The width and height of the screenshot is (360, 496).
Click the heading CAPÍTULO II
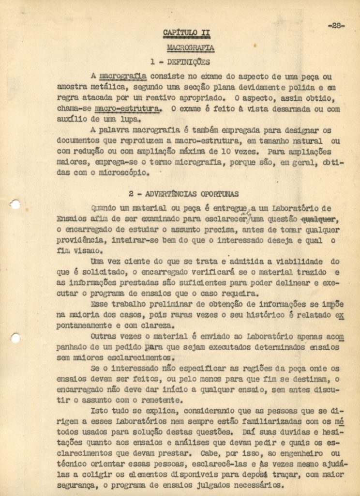pyautogui.click(x=186, y=33)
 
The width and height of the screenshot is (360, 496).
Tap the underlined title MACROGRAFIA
pyautogui.click(x=190, y=48)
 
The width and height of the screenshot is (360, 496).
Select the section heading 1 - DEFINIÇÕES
pyautogui.click(x=180, y=62)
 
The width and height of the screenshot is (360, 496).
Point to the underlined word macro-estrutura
pyautogui.click(x=128, y=109)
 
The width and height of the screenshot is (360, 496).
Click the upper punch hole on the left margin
pyautogui.click(x=15, y=204)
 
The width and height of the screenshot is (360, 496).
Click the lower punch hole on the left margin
pyautogui.click(x=15, y=338)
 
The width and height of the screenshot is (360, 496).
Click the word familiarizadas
pyautogui.click(x=264, y=422)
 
